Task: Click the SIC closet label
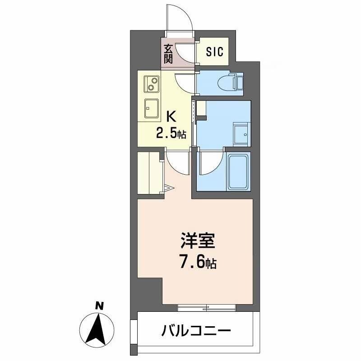tap(214, 52)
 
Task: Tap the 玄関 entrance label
tap(168, 53)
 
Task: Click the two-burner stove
tap(152, 83)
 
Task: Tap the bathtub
tap(238, 172)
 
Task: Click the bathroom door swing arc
tap(209, 163)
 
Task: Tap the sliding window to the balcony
tap(206, 308)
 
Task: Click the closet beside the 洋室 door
tap(149, 173)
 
